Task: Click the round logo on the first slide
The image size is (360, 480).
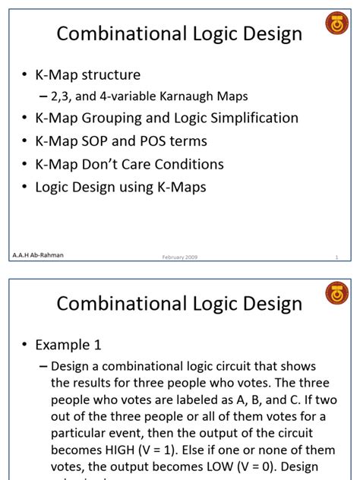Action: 336,23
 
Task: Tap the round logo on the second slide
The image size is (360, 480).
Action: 336,292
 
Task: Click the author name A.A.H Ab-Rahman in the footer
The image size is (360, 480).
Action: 38,255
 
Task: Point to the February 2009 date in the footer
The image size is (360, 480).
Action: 180,257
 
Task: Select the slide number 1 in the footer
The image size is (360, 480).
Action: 336,257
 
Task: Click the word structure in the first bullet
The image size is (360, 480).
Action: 113,74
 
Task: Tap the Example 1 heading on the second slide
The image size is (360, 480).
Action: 68,345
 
